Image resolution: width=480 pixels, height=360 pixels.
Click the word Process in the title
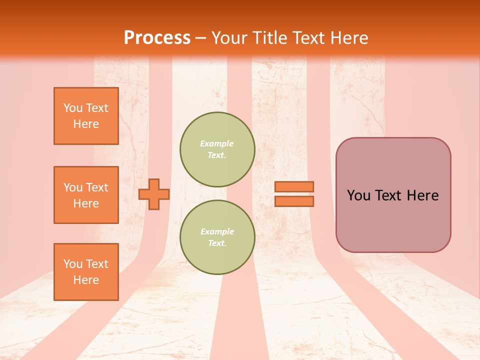(157, 38)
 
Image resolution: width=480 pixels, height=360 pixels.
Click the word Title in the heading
(267, 38)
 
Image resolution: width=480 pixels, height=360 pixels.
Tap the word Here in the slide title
(348, 38)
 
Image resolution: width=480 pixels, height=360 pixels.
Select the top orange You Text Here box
(86, 116)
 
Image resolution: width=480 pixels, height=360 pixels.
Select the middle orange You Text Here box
(86, 195)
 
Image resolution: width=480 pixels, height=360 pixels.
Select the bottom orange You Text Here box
(86, 271)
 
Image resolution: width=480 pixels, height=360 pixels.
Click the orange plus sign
(154, 194)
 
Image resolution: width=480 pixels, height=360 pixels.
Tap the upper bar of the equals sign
(294, 186)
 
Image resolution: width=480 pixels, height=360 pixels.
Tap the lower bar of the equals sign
(294, 201)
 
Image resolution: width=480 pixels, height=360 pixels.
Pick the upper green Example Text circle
(217, 149)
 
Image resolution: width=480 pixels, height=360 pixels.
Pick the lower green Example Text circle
(217, 237)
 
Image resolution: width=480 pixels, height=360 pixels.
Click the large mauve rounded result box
(393, 220)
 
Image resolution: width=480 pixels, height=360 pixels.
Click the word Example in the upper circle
(217, 143)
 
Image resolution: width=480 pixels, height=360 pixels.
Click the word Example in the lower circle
(217, 231)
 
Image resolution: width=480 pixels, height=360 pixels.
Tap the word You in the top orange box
(72, 108)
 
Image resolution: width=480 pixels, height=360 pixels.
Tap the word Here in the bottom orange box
(86, 280)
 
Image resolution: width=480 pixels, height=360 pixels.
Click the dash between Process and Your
(201, 38)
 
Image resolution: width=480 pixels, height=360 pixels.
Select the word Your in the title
(228, 38)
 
